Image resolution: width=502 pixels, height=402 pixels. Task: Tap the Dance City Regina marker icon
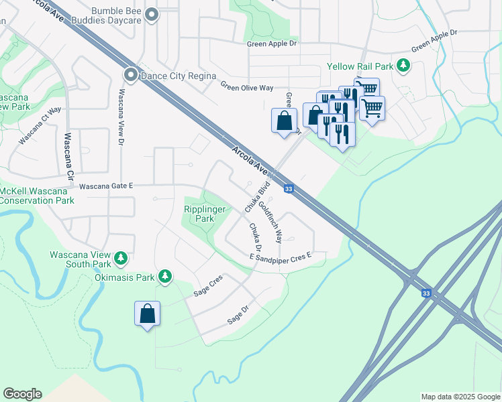pos(130,75)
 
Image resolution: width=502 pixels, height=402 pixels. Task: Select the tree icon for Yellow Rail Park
pos(403,66)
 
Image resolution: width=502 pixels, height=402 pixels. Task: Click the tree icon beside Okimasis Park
pos(164,276)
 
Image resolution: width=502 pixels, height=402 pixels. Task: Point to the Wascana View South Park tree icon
pos(121,258)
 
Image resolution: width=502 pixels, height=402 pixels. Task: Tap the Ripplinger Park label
pos(208,214)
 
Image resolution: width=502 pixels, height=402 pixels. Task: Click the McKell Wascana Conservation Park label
pos(37,195)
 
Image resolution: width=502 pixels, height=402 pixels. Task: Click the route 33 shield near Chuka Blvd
pos(288,190)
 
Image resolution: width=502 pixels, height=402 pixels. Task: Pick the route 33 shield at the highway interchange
pos(426,293)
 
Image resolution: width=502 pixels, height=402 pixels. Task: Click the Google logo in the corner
pos(22,394)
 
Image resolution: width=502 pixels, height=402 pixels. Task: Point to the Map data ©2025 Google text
pos(460,397)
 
